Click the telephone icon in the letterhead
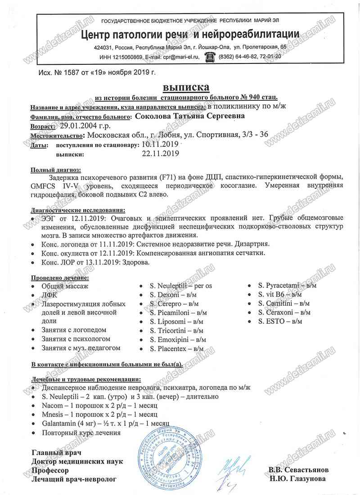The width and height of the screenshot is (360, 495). click(x=209, y=56)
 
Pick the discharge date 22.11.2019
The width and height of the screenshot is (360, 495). click(x=160, y=154)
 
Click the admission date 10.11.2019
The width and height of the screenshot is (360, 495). click(x=160, y=145)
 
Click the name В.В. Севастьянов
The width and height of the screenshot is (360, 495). click(x=298, y=470)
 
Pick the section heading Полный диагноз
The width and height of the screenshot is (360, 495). click(x=56, y=170)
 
